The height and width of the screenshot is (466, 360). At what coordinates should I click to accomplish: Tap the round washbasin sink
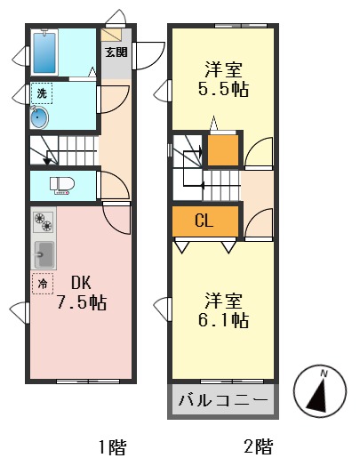coord(41,117)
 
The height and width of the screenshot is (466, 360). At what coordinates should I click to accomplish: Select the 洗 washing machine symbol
coord(41,93)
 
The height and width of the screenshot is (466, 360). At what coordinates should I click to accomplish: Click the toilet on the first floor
coord(60,185)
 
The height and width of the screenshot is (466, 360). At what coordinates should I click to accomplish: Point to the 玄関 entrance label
coord(116,52)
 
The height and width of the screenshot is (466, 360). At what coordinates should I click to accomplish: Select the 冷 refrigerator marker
coord(41,284)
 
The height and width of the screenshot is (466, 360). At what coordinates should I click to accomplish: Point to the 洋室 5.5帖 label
coord(222,78)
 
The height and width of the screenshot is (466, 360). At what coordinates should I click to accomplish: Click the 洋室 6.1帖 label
coord(222,309)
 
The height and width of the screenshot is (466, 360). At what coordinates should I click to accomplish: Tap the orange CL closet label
coord(205,220)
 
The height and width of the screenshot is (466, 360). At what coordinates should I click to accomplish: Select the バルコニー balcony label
coord(222,399)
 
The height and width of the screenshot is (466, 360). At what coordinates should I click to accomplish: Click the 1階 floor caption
coord(112,446)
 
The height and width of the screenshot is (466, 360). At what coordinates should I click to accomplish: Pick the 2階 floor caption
coord(257,446)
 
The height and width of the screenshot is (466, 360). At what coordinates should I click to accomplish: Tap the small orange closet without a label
coord(222,149)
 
